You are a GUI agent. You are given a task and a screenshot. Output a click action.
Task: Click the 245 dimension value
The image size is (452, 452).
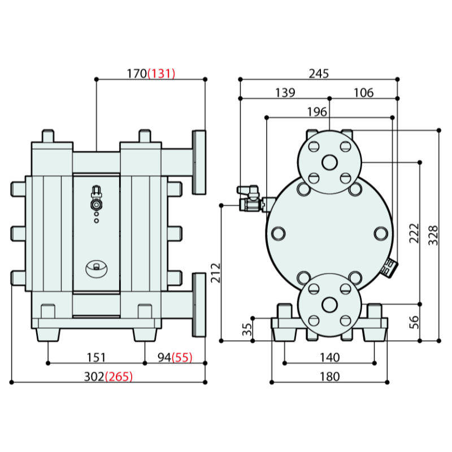point(318,73)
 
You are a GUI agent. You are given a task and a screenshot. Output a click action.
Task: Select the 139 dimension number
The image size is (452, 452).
point(285,93)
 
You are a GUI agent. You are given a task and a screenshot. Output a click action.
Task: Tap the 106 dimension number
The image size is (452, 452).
point(363,93)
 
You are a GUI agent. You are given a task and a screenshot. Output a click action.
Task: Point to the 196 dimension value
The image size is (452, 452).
point(317,112)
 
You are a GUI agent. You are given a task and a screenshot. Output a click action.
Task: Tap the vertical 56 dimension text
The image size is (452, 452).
point(414,321)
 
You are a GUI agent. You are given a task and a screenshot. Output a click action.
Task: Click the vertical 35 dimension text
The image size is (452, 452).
point(246,330)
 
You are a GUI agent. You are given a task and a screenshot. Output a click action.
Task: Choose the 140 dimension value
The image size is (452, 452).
point(329,357)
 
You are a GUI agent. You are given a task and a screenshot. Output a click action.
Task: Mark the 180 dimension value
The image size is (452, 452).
point(329,376)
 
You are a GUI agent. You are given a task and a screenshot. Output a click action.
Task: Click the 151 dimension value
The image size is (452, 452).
point(96,357)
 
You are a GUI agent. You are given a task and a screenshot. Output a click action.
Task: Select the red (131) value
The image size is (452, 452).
point(162,73)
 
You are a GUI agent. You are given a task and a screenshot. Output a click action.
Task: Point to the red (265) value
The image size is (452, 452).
point(119,377)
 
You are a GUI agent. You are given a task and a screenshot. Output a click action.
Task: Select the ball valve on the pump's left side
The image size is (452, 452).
point(249,198)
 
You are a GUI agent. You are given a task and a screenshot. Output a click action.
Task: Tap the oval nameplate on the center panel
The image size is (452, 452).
point(96,268)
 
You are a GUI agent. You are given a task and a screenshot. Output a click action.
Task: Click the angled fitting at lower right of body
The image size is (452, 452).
point(389,267)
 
